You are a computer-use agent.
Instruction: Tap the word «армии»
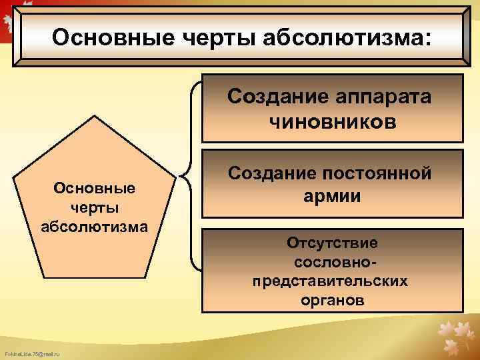point(332,197)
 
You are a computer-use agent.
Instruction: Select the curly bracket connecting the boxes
point(191,177)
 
